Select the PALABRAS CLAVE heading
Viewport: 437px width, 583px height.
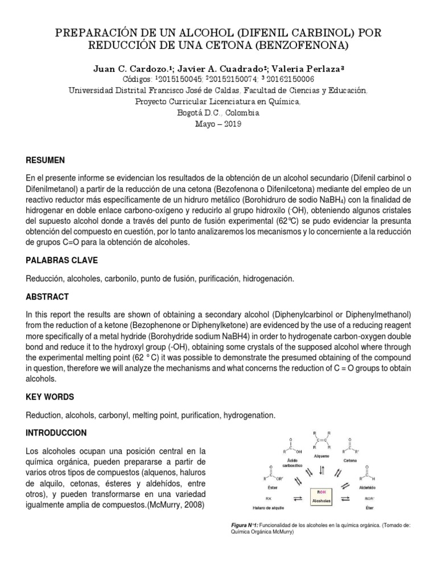tap(62, 260)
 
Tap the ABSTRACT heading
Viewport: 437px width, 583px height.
tap(47, 297)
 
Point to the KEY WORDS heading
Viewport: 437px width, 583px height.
tap(50, 396)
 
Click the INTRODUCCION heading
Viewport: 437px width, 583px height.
tap(56, 433)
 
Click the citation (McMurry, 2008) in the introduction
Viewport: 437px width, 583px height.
tap(177, 505)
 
